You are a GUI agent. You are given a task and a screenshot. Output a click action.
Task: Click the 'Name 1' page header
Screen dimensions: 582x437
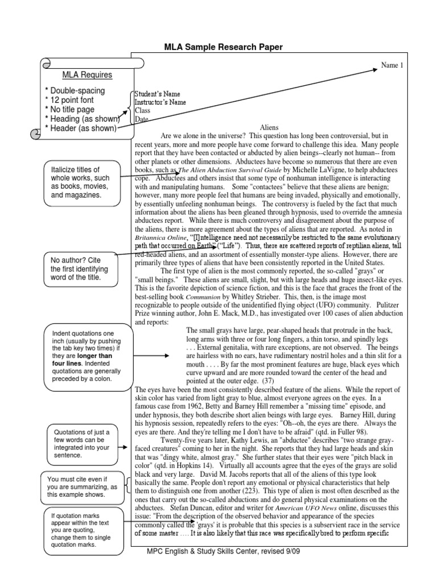[x=391, y=65]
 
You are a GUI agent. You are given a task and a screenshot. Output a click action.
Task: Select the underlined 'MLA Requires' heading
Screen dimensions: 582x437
[x=87, y=75]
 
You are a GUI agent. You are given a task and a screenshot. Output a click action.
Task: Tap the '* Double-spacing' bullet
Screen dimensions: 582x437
[x=75, y=91]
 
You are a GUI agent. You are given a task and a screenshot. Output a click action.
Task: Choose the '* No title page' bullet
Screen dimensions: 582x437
[x=73, y=110]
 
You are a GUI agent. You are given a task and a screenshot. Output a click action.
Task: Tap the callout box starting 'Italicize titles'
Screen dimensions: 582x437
[x=81, y=182]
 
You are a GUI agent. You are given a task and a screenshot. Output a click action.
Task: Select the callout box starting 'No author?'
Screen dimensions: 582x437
[x=79, y=269]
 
